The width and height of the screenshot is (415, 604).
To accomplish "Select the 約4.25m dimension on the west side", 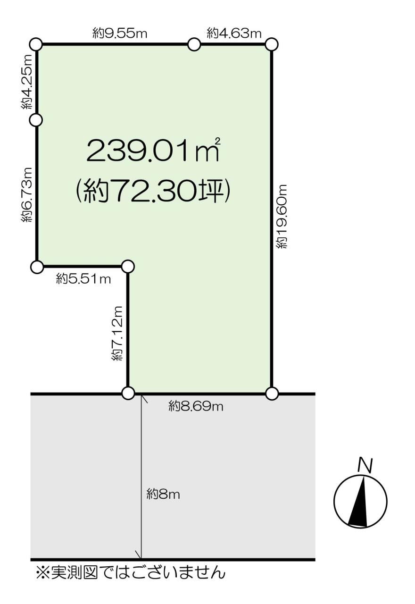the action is [x=27, y=82].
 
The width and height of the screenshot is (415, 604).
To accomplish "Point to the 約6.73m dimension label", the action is [x=27, y=195].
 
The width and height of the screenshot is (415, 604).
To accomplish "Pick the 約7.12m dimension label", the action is [x=117, y=333].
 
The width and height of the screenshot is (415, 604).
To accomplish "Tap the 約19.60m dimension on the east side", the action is [x=282, y=216].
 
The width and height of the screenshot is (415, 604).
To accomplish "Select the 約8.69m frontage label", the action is [x=196, y=406].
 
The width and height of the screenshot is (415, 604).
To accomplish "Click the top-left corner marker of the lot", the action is [x=36, y=44].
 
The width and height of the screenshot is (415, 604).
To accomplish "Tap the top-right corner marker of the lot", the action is [x=272, y=44].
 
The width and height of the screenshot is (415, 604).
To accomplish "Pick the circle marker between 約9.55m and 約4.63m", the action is [x=194, y=44].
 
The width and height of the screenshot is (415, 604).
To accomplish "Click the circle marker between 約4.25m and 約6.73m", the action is [x=36, y=120].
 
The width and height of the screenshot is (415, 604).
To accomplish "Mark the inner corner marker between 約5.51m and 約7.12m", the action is [x=128, y=267].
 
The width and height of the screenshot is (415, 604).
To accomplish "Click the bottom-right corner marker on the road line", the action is [x=272, y=393].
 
